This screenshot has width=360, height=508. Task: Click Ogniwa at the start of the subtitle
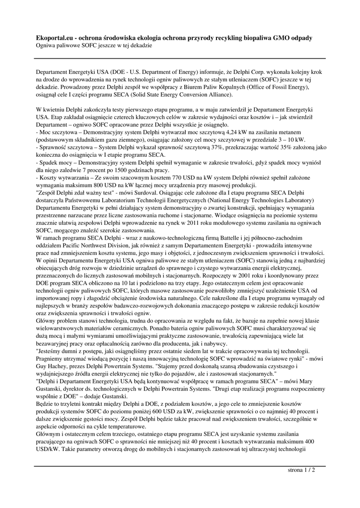tap(47, 45)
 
